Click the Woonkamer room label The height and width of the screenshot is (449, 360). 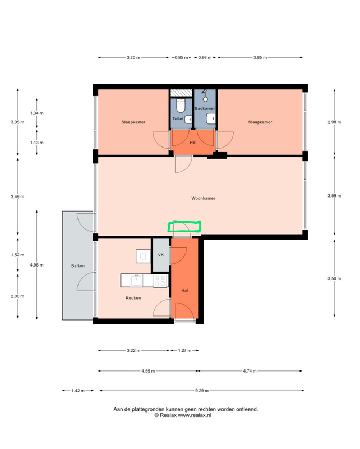pyautogui.click(x=203, y=198)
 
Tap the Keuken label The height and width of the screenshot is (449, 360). pyautogui.click(x=133, y=298)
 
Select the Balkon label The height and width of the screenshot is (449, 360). pyautogui.click(x=78, y=265)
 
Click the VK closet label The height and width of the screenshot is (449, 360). pyautogui.click(x=161, y=255)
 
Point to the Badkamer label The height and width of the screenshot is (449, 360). pyautogui.click(x=205, y=108)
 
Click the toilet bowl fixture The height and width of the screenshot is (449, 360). pyautogui.click(x=181, y=106)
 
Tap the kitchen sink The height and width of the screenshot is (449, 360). pyautogui.click(x=136, y=281)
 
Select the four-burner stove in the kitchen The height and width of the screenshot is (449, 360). pyautogui.click(x=160, y=281)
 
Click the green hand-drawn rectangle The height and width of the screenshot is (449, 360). pyautogui.click(x=184, y=226)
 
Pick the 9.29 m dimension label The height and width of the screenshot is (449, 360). pyautogui.click(x=202, y=390)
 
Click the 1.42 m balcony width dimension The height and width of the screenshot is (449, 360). pyautogui.click(x=78, y=390)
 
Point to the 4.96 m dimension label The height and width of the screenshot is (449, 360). pyautogui.click(x=36, y=265)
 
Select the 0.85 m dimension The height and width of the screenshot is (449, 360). pyautogui.click(x=182, y=57)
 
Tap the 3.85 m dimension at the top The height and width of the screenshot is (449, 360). pyautogui.click(x=260, y=57)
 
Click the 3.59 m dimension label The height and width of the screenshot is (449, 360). pyautogui.click(x=334, y=196)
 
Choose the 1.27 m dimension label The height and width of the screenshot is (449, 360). pyautogui.click(x=184, y=350)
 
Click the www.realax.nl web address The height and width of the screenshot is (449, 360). pyautogui.click(x=195, y=415)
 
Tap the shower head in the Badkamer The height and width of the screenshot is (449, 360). pyautogui.click(x=205, y=92)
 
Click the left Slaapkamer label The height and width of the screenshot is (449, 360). pyautogui.click(x=133, y=122)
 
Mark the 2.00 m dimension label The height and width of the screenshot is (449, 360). pyautogui.click(x=17, y=296)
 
